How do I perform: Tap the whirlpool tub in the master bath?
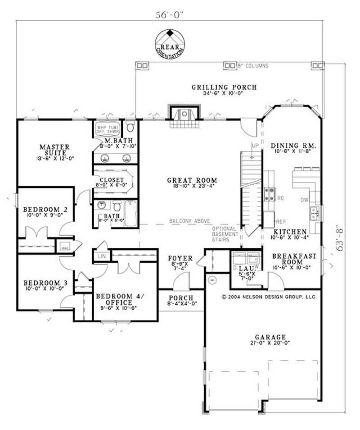(106, 130)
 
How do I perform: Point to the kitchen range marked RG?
(270, 194)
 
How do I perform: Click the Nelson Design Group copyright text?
(269, 297)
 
